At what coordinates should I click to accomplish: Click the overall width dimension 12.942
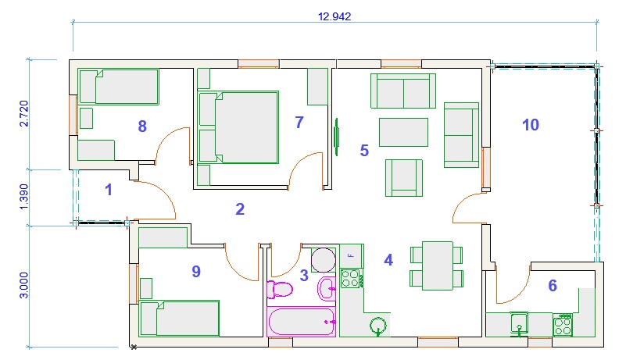(x=334, y=16)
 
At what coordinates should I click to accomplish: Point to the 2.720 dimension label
(x=24, y=113)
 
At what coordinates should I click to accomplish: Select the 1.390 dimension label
(x=24, y=196)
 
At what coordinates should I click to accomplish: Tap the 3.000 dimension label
(x=24, y=285)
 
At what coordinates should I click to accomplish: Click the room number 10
(x=531, y=125)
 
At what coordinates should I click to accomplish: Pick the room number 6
(x=553, y=285)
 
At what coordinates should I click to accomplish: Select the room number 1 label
(x=108, y=190)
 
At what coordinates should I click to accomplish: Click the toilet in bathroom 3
(x=280, y=290)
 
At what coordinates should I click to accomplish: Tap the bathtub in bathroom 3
(x=301, y=322)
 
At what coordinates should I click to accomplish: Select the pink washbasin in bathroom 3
(x=327, y=288)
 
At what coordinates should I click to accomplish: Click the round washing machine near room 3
(x=324, y=260)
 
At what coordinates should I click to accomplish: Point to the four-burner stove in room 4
(x=352, y=278)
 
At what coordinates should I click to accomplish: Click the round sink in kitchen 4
(x=377, y=326)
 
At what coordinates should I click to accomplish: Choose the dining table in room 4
(x=438, y=266)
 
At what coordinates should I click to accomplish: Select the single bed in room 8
(x=119, y=87)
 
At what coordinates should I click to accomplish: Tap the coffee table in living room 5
(x=403, y=132)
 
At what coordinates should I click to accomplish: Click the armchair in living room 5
(x=404, y=177)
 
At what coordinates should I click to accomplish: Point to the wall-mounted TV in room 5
(x=337, y=137)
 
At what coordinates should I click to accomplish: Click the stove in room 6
(x=563, y=325)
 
